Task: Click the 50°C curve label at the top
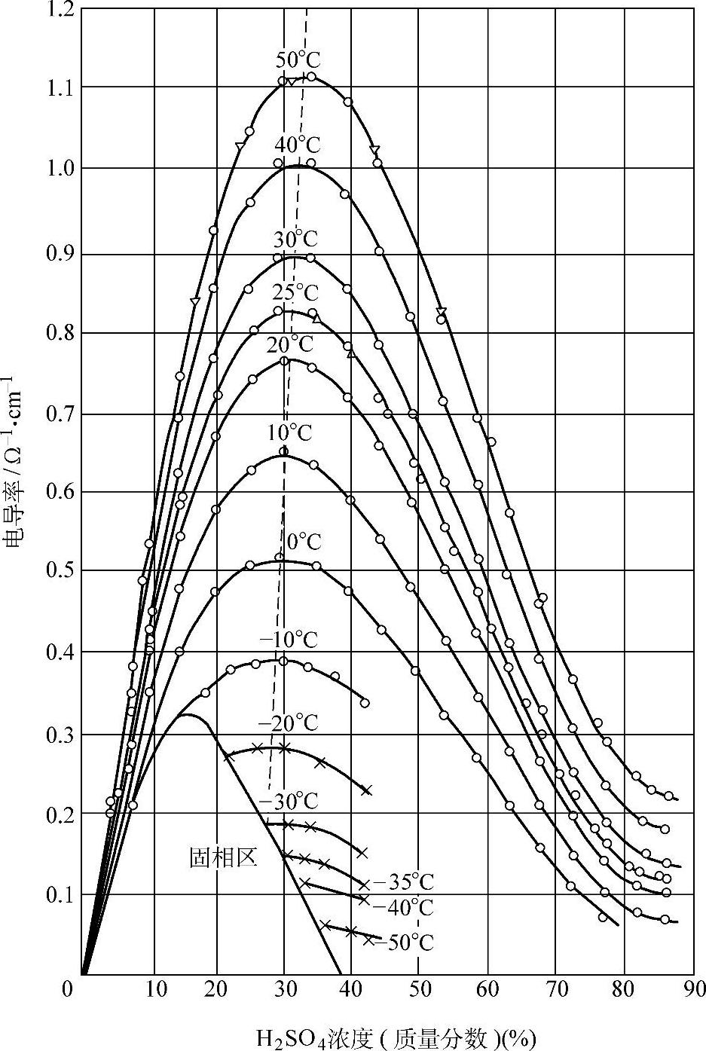point(298,60)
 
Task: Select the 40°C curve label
point(297,144)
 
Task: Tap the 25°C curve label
point(295,292)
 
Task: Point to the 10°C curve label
point(288,432)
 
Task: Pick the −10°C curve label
point(289,640)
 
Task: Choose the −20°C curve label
point(289,723)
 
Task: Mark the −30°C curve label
point(289,799)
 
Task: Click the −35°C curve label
point(403,881)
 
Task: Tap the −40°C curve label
point(403,907)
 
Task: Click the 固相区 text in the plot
point(223,857)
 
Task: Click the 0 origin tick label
point(69,988)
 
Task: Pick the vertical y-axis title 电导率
point(15,471)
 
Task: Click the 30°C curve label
point(295,239)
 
